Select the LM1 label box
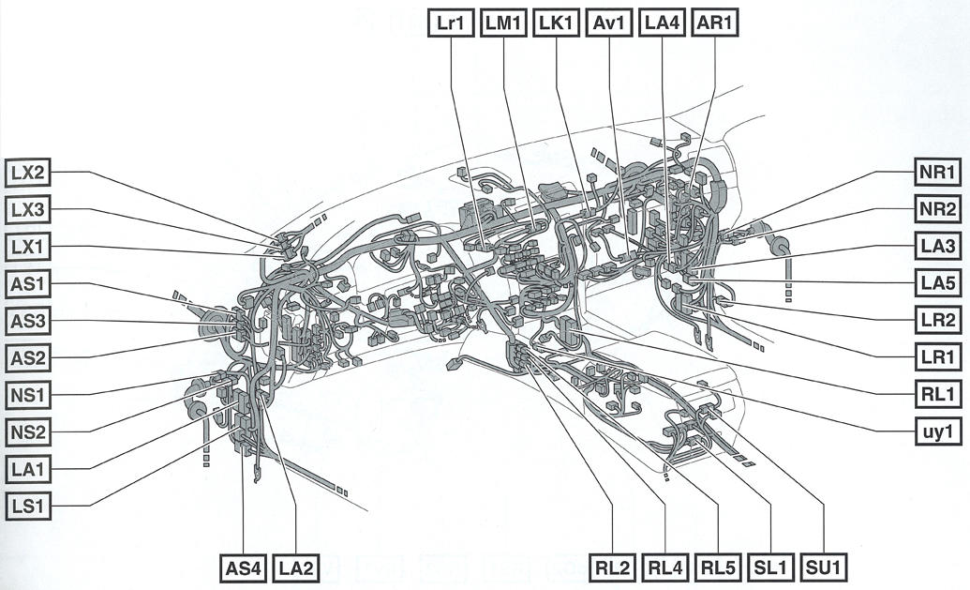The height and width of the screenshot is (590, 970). point(504,23)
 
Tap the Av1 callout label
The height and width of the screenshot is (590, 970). point(609,23)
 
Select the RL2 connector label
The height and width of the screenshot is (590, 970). point(614,567)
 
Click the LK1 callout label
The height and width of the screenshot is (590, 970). point(557,23)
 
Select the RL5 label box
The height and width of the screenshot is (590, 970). point(719,567)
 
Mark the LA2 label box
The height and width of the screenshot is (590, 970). point(297,567)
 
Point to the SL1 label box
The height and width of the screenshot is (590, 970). point(771,567)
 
